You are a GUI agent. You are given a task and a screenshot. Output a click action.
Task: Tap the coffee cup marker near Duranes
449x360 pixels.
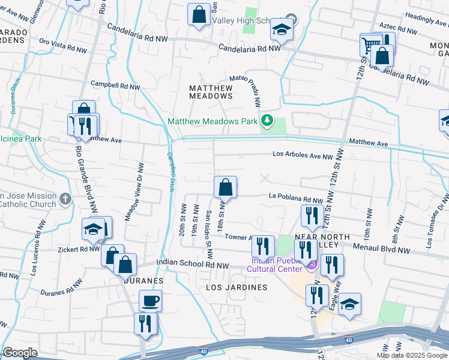(150, 300)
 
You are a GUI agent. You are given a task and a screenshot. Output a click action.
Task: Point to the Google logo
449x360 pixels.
(20, 353)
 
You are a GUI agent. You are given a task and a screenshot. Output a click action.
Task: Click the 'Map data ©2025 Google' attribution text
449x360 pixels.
(411, 355)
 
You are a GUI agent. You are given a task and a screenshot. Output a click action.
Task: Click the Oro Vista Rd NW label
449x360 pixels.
(61, 41)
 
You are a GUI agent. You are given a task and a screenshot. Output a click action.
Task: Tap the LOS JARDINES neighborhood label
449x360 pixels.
(237, 287)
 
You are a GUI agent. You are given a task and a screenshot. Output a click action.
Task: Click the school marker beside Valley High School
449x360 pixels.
(281, 29)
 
